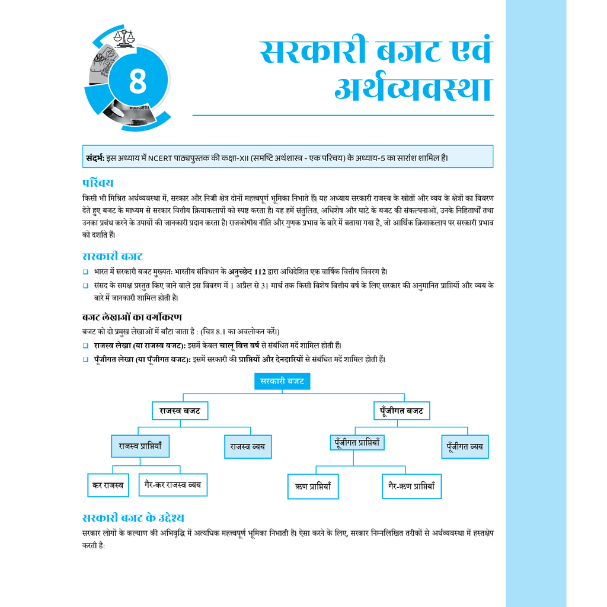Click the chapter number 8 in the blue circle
[x=137, y=82]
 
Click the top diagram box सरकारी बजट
[x=282, y=381]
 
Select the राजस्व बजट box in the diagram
[x=180, y=411]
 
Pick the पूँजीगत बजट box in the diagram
[x=401, y=411]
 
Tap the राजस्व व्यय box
[x=247, y=446]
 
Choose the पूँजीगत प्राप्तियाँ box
[x=357, y=442]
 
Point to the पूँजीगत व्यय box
[x=465, y=446]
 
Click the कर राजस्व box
[x=107, y=485]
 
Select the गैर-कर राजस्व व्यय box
[x=172, y=484]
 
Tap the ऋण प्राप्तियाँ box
[x=312, y=486]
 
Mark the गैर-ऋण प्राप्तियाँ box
[x=411, y=485]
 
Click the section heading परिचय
[x=98, y=183]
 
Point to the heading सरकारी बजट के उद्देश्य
[x=137, y=517]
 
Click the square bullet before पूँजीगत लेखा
[x=85, y=359]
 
